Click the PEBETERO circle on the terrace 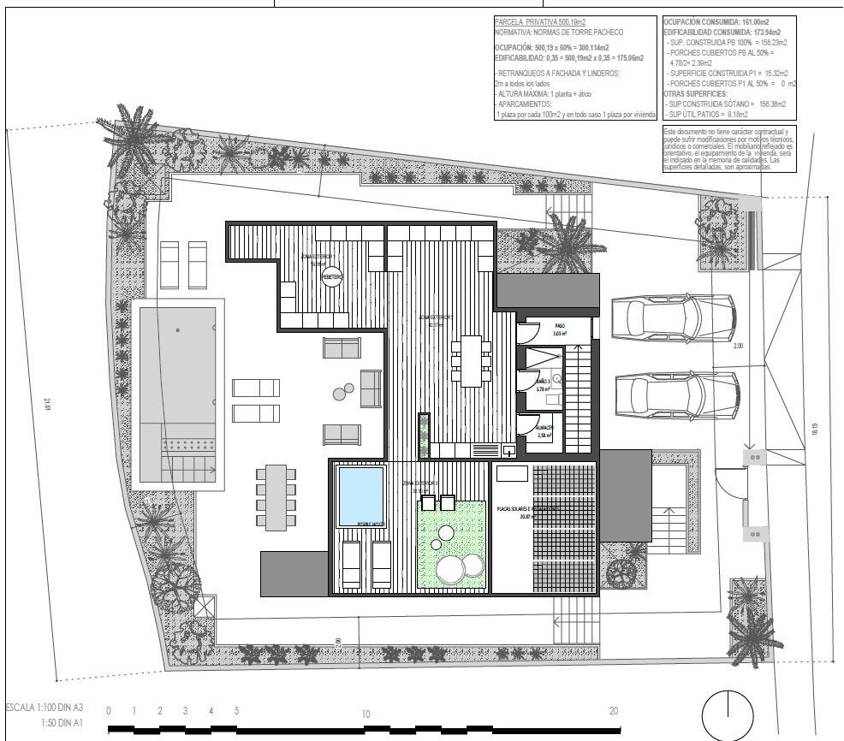[331, 277]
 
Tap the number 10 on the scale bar [365, 714]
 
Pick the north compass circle [728, 715]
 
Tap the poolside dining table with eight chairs [276, 498]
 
